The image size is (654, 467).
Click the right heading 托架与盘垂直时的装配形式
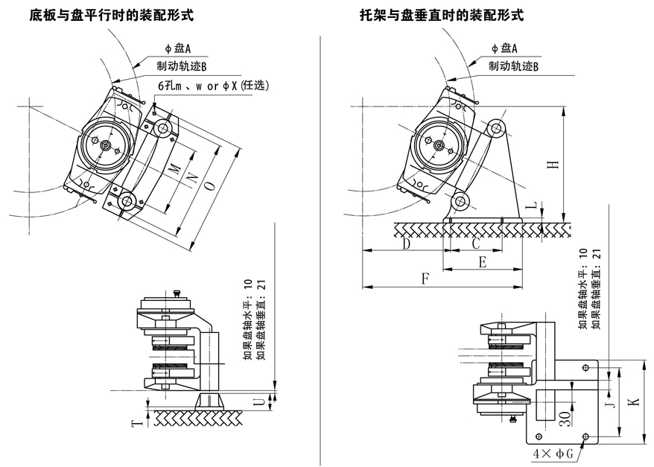(x=441, y=15)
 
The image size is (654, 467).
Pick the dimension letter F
(x=425, y=279)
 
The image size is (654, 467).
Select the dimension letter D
(x=406, y=244)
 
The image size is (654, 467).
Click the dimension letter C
(x=476, y=244)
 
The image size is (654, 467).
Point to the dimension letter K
(x=634, y=402)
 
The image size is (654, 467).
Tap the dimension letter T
(x=136, y=423)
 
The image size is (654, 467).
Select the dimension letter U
(x=258, y=402)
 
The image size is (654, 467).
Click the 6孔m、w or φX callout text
(x=212, y=86)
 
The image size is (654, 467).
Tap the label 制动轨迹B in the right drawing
(x=513, y=67)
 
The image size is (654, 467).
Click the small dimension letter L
(x=530, y=203)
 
